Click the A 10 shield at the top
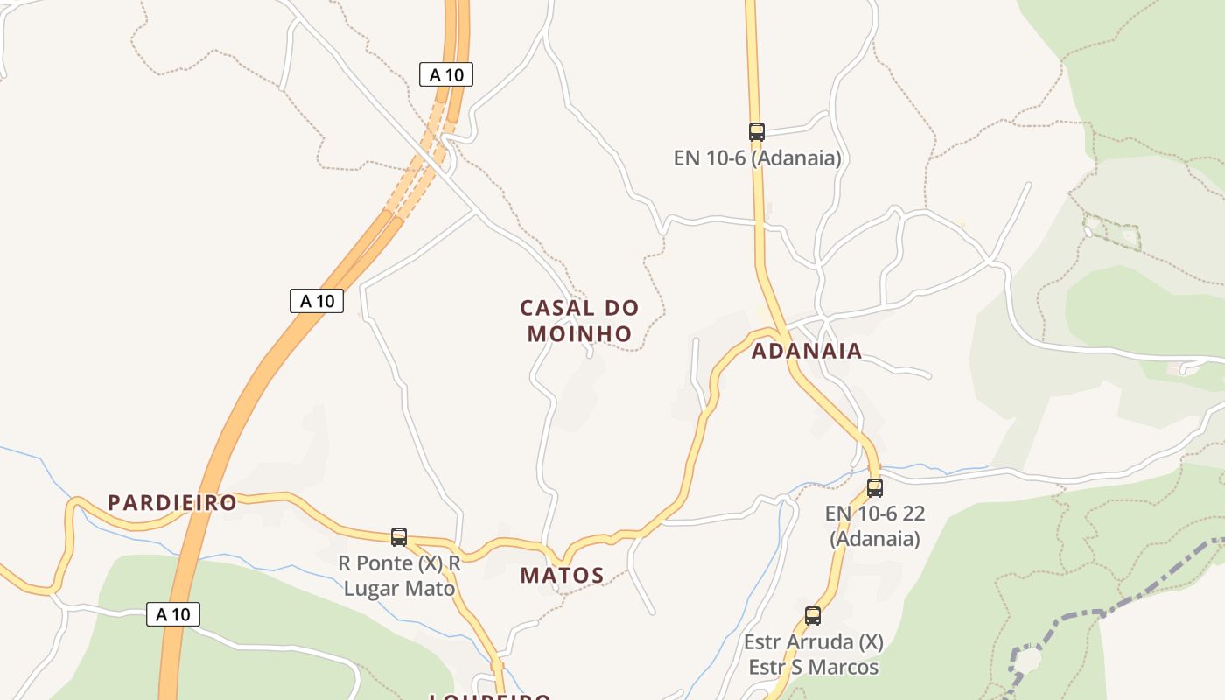(x=446, y=75)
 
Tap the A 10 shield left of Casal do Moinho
(x=317, y=301)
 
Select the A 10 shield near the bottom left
(x=172, y=614)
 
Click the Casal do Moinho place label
(x=579, y=320)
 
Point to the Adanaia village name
(x=807, y=352)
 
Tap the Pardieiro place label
(x=172, y=503)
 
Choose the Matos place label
(x=562, y=576)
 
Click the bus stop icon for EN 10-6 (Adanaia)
(x=757, y=132)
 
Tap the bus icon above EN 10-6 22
(x=875, y=488)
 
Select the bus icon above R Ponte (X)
(x=399, y=537)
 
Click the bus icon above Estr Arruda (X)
(x=813, y=616)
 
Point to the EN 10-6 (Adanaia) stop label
(x=757, y=158)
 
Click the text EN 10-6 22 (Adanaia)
(x=875, y=526)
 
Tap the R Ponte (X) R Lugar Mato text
(x=399, y=576)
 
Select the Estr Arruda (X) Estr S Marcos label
(x=814, y=654)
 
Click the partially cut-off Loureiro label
(x=490, y=696)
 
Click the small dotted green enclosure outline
(x=1112, y=232)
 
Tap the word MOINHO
(x=579, y=334)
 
